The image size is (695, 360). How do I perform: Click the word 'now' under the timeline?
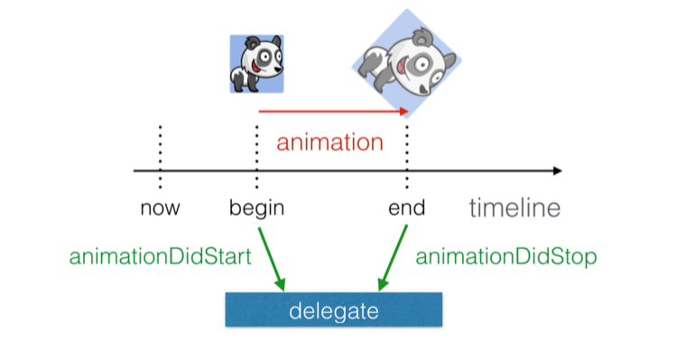160,208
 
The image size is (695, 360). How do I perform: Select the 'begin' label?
257,208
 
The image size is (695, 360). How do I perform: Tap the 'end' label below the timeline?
406,208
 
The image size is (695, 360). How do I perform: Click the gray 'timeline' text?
514,208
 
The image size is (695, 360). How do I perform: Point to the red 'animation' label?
329,143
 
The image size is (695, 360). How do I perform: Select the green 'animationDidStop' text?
505,257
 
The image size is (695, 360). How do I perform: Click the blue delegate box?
333,310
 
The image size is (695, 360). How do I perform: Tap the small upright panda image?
256,64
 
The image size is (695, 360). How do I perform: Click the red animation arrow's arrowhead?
405,112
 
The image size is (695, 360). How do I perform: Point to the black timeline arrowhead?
557,171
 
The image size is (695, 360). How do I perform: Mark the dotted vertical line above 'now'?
160,153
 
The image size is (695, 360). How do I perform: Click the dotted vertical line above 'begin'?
257,149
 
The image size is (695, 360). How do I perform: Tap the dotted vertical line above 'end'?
407,149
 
